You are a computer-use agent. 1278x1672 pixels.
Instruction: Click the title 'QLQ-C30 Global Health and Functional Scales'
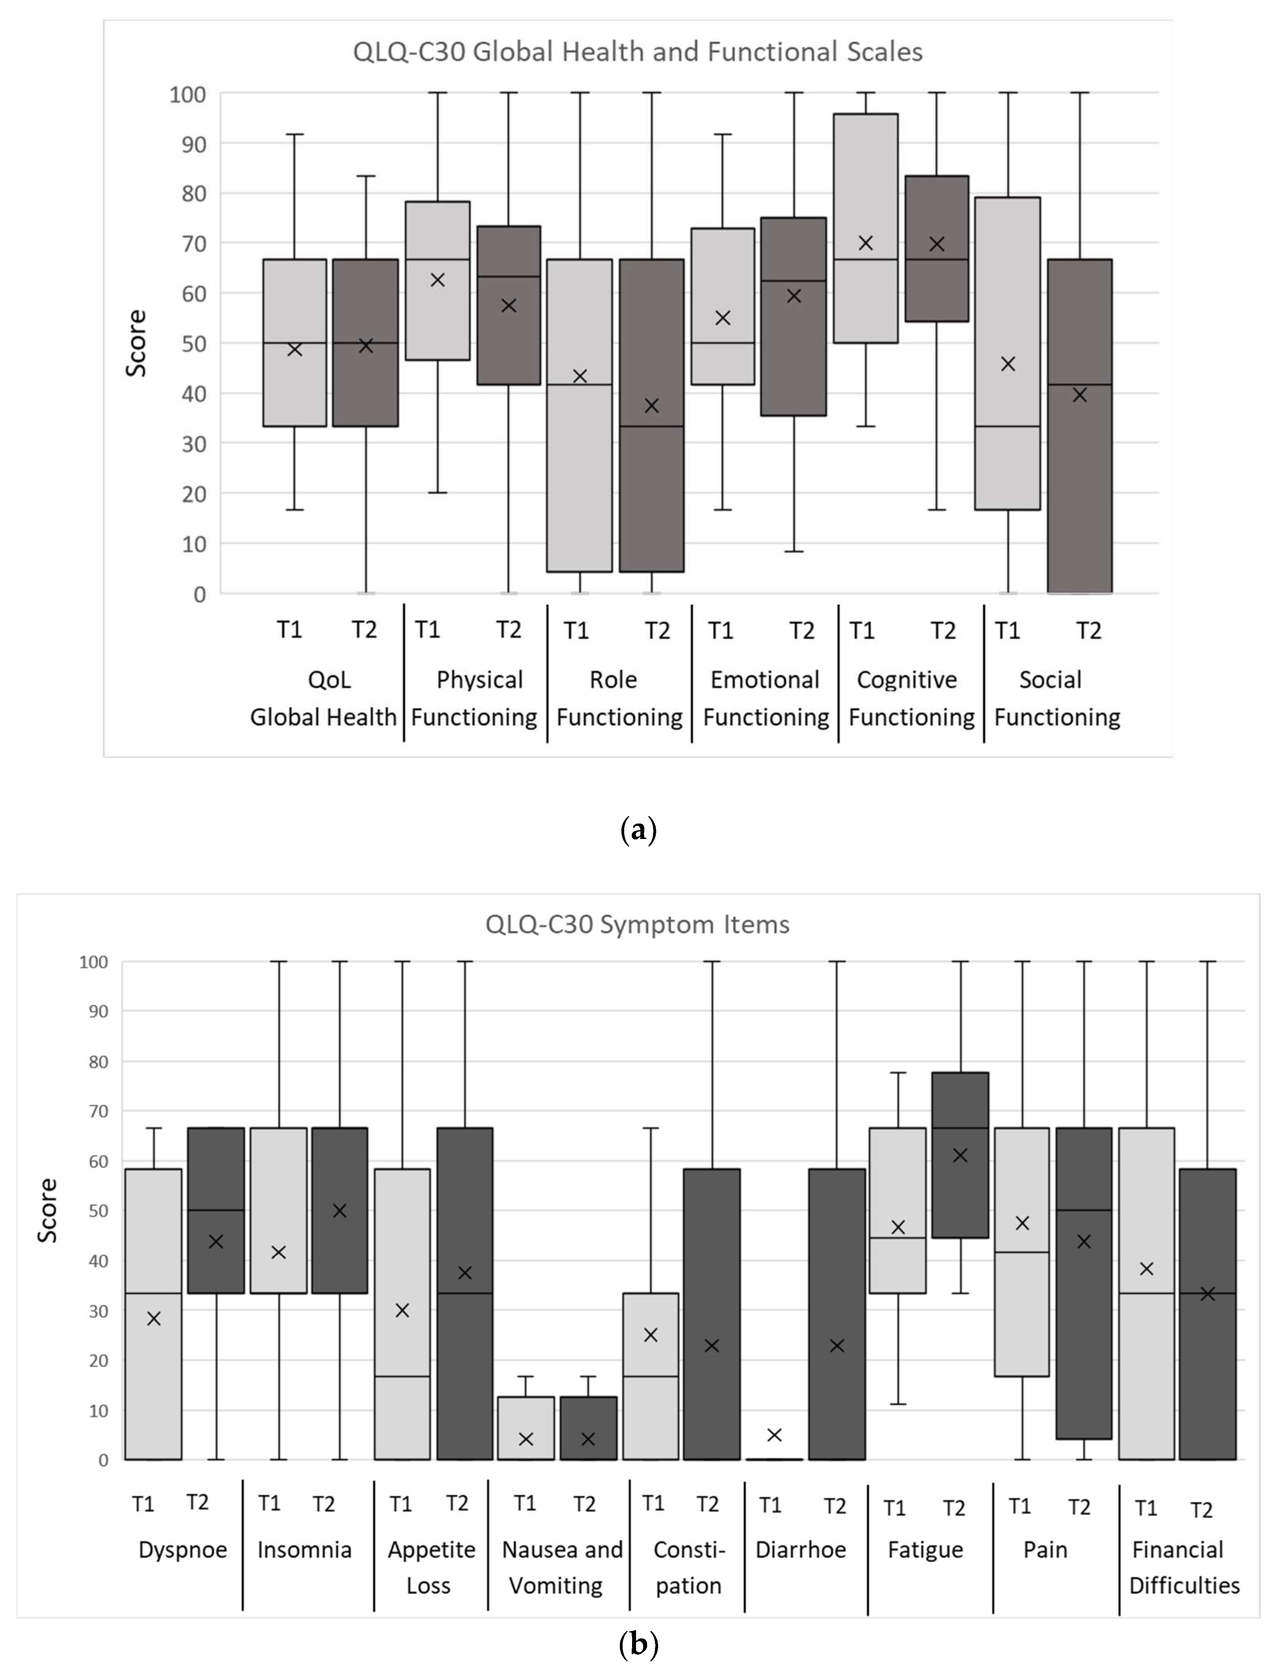coord(638,52)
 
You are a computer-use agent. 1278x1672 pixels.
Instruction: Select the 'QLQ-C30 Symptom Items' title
coord(638,924)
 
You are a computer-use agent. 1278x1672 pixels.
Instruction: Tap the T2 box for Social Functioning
coord(1079,426)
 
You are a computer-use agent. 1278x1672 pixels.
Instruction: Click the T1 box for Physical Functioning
coord(437,280)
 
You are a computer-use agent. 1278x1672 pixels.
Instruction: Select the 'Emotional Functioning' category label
coord(765,698)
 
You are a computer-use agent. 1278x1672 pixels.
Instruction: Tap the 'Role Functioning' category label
coord(619,698)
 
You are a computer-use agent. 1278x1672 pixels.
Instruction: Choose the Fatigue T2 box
coord(960,1155)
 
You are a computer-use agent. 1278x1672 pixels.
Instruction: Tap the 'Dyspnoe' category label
coord(183,1550)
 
